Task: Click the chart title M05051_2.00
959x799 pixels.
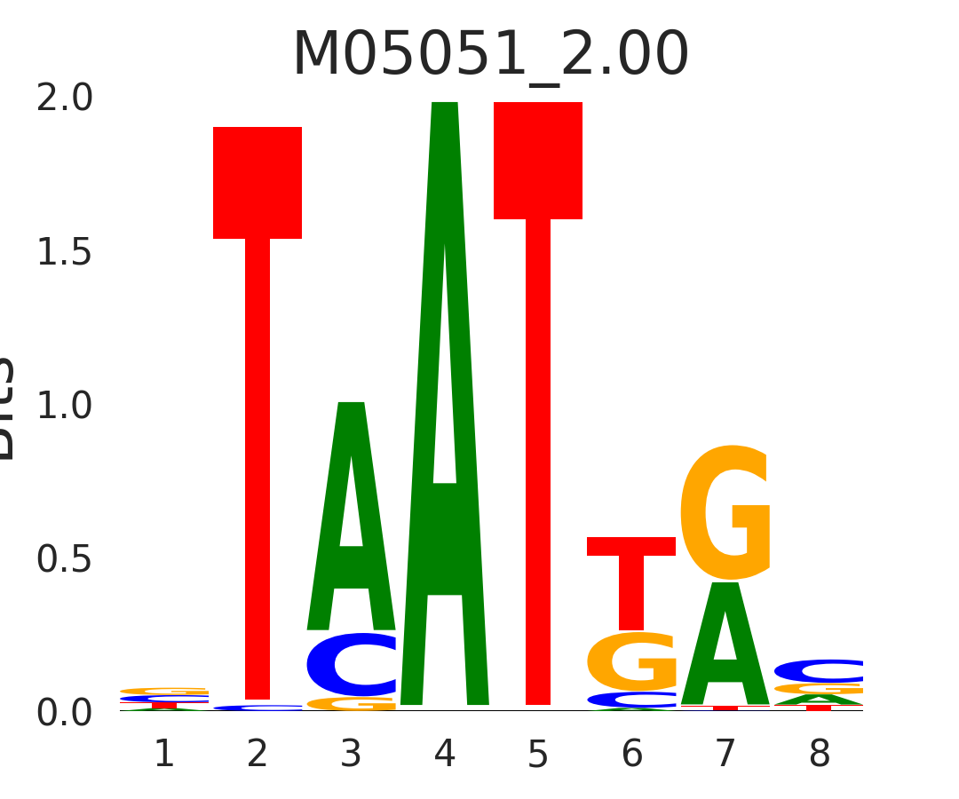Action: pyautogui.click(x=490, y=55)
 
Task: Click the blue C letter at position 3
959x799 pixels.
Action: pyautogui.click(x=352, y=665)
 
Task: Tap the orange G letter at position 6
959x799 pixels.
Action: pyautogui.click(x=631, y=661)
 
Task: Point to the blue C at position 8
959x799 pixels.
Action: pyautogui.click(x=819, y=671)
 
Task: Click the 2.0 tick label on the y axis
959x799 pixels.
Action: pyautogui.click(x=65, y=99)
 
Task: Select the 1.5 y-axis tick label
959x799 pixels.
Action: pyautogui.click(x=65, y=253)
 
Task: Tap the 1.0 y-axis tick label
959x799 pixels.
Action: pyautogui.click(x=65, y=407)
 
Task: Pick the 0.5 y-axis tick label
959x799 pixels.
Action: pyautogui.click(x=65, y=560)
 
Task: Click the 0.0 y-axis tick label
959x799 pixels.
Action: pyautogui.click(x=65, y=713)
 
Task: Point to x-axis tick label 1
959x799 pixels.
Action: pyautogui.click(x=164, y=755)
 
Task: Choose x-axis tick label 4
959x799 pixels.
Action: pyautogui.click(x=445, y=755)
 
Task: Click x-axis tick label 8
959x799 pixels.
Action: pyautogui.click(x=819, y=755)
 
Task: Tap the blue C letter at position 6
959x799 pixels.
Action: pyautogui.click(x=631, y=700)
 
